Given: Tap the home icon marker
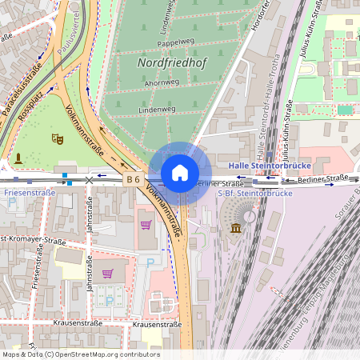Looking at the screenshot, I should point(180,173).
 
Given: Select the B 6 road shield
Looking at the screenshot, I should point(133,180).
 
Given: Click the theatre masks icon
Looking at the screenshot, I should point(57,139).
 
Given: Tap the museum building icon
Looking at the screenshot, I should point(236,229).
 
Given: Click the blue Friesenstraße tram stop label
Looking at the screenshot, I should point(30,193).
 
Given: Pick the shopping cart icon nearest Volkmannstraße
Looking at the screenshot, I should point(146,225).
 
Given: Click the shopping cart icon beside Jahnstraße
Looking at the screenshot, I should point(106,274).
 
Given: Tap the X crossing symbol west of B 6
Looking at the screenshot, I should point(89,181).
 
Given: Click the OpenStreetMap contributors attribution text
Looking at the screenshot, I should point(81,354).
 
